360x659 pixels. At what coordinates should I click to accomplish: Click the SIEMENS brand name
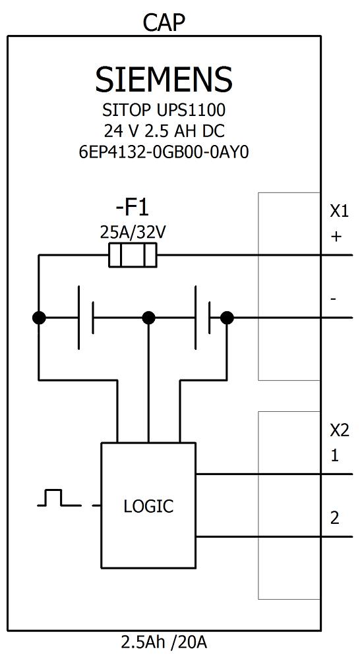click(164, 80)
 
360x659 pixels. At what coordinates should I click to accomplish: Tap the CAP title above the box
click(164, 23)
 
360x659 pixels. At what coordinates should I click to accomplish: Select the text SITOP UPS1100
click(164, 109)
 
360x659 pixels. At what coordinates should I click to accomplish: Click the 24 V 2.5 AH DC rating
click(164, 130)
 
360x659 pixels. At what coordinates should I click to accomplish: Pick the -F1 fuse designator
click(132, 209)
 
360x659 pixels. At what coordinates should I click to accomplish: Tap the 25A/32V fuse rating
click(132, 232)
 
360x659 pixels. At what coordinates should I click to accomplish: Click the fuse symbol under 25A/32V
click(133, 255)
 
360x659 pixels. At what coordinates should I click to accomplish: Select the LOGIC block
click(148, 506)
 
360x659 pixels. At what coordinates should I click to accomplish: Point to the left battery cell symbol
click(86, 318)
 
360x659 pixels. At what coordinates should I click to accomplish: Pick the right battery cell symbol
click(203, 318)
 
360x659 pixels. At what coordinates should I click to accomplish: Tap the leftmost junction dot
click(39, 318)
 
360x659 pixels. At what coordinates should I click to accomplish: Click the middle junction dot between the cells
click(149, 318)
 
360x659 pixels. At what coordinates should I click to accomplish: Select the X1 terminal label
click(339, 212)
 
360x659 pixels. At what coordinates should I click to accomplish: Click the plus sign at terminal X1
click(336, 237)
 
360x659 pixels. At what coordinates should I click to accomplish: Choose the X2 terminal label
click(339, 430)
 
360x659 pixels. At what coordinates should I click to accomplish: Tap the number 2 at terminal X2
click(335, 519)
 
